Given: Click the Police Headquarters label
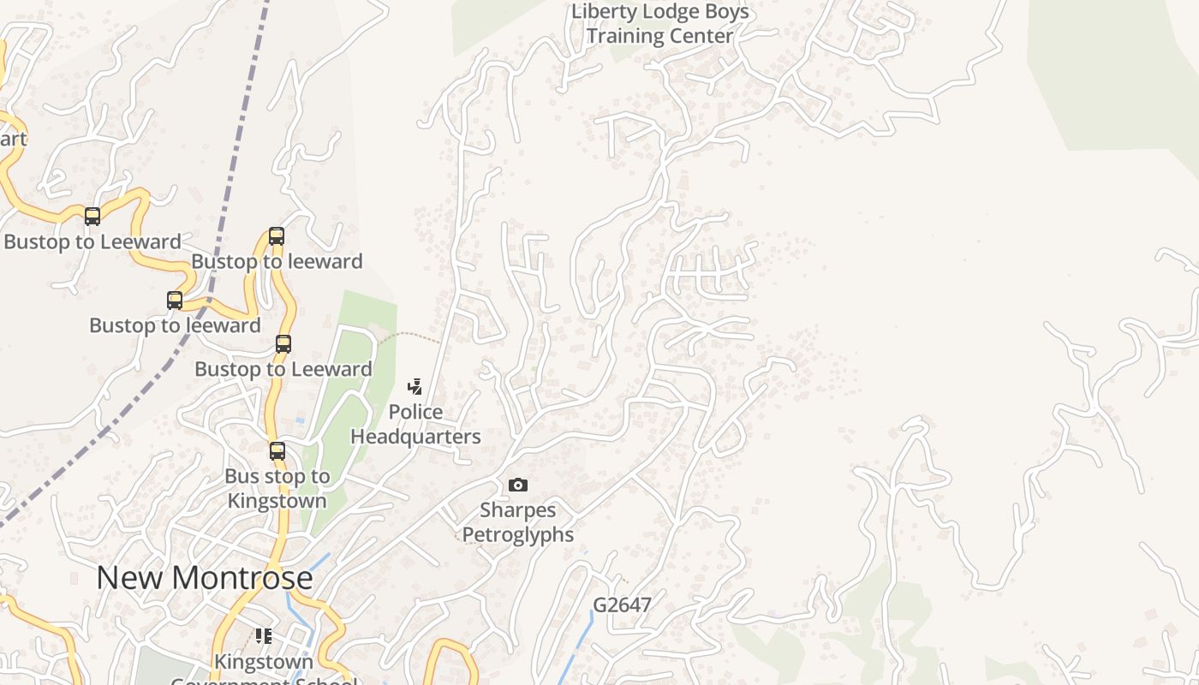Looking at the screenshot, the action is (x=415, y=425).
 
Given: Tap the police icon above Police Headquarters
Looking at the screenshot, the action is (x=415, y=387).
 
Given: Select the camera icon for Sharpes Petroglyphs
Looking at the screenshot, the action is (x=518, y=485).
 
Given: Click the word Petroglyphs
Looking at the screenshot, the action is (x=518, y=535).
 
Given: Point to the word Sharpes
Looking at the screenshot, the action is (x=518, y=510).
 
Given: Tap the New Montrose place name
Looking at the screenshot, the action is (x=204, y=578).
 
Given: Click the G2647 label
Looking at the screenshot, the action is (x=623, y=605).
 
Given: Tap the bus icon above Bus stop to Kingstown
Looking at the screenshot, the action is (x=277, y=450).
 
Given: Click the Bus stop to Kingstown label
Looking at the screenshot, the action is (x=277, y=489).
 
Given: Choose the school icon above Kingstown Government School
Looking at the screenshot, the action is (x=264, y=635).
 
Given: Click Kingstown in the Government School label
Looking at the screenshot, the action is (x=264, y=662).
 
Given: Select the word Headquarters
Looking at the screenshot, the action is (x=415, y=437).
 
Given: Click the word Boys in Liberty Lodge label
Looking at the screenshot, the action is (x=728, y=12).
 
